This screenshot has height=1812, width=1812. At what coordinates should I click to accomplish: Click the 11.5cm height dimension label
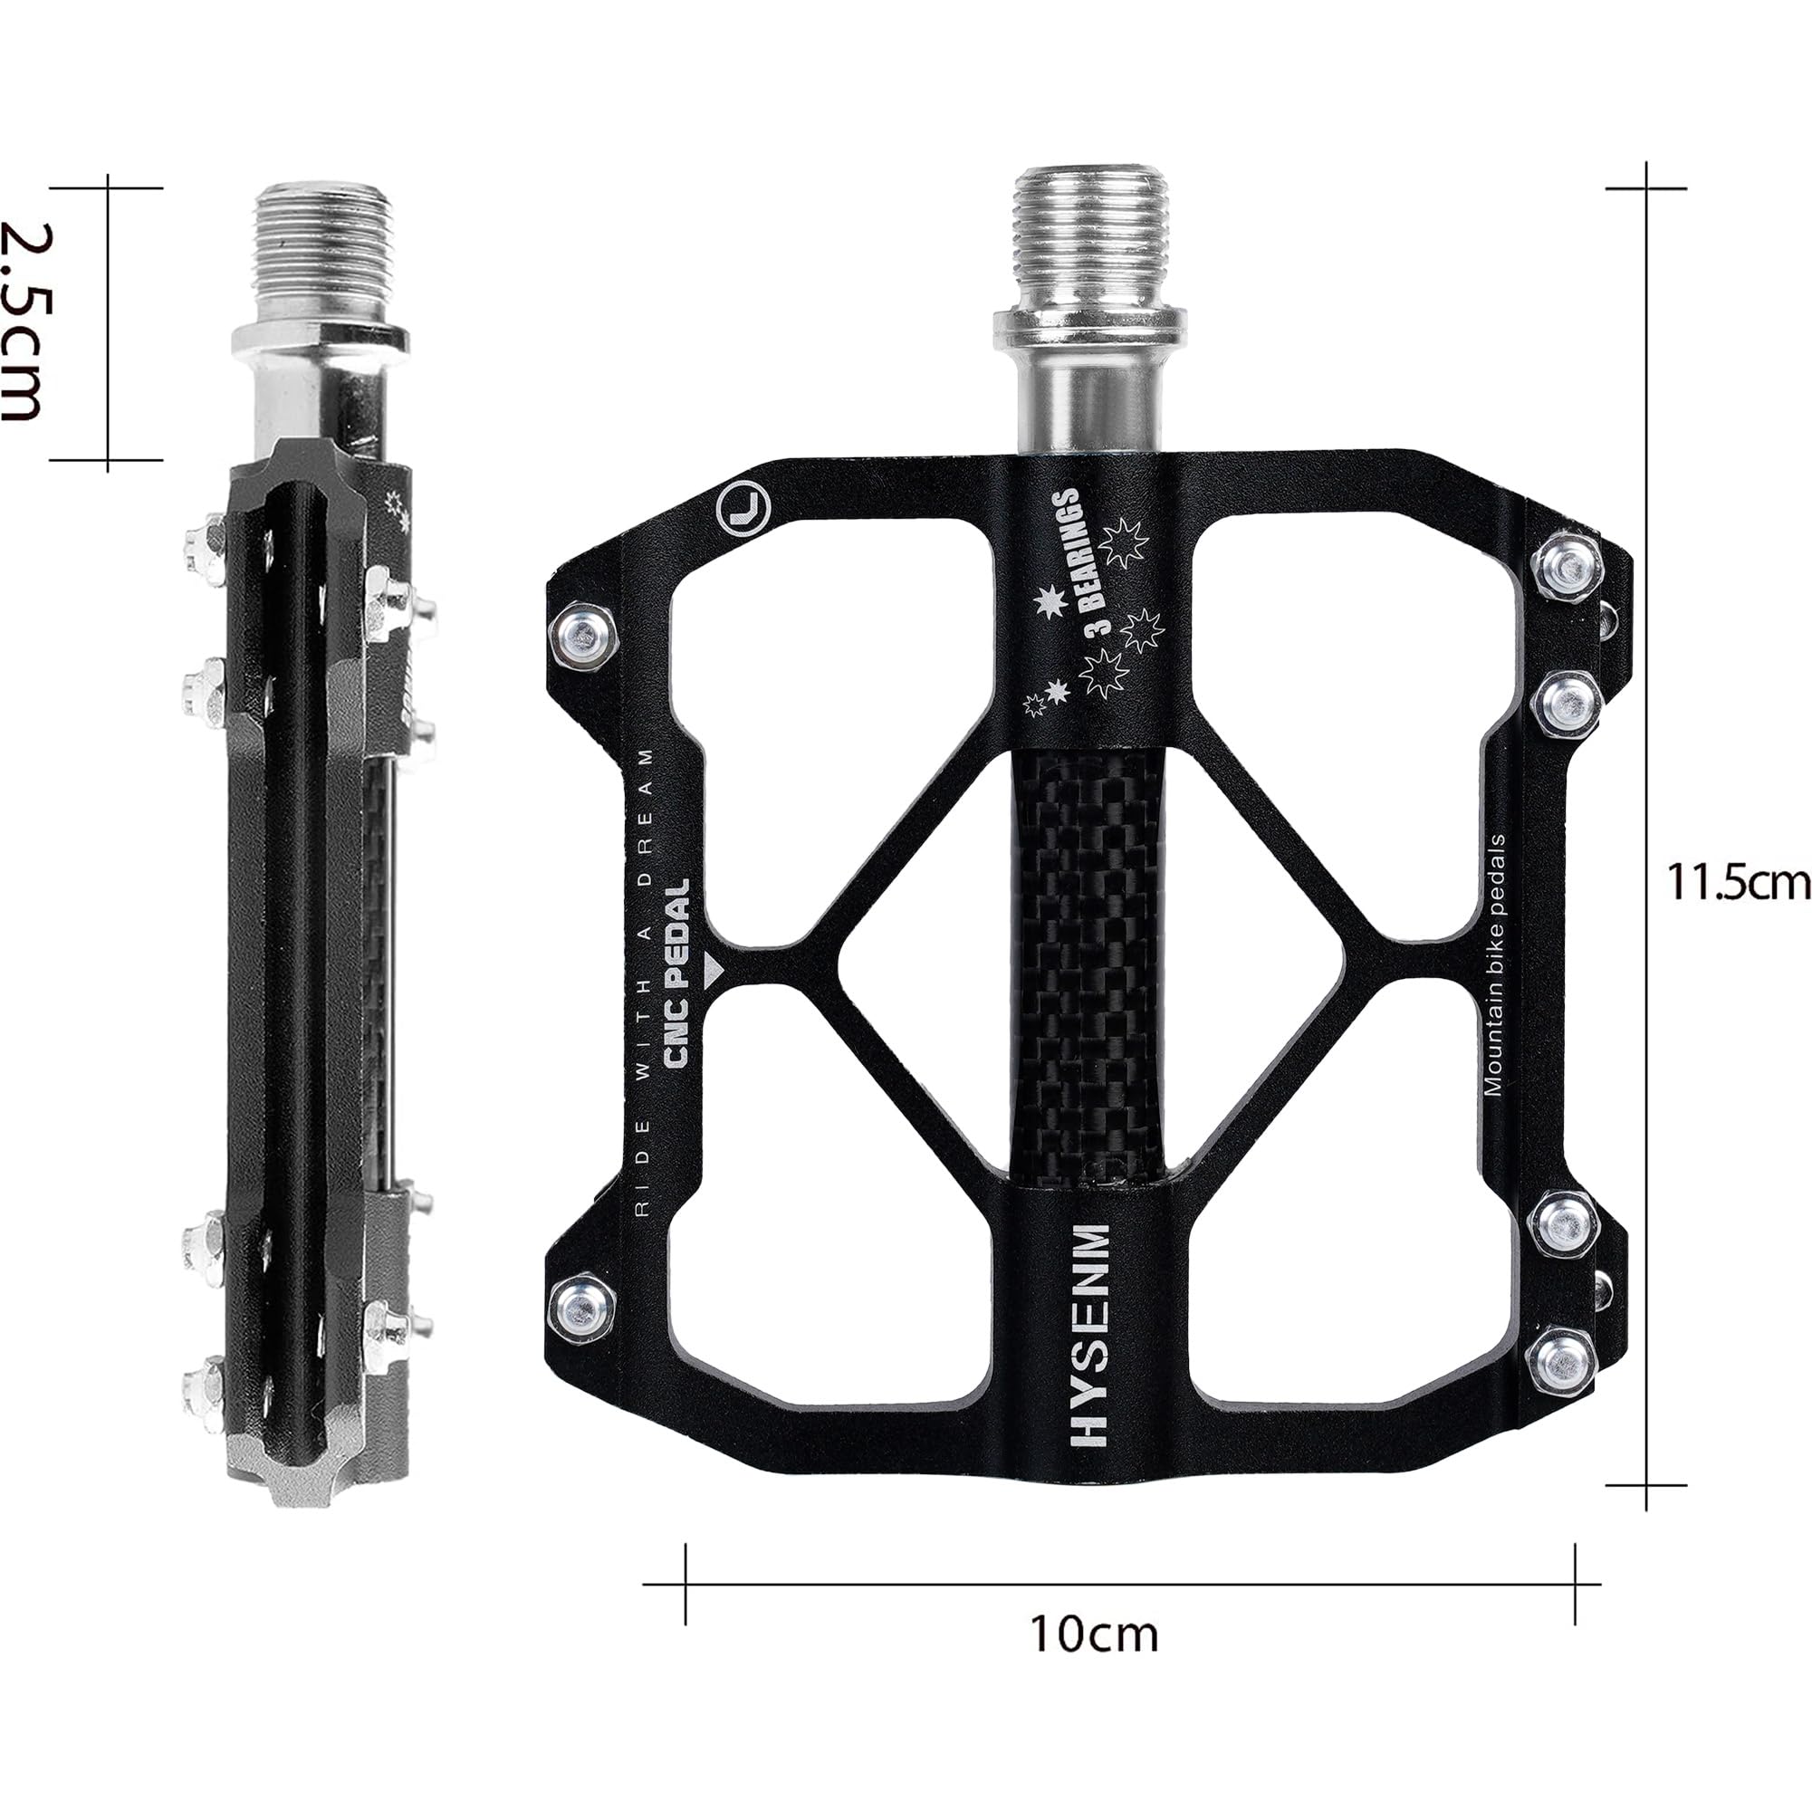(1737, 882)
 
